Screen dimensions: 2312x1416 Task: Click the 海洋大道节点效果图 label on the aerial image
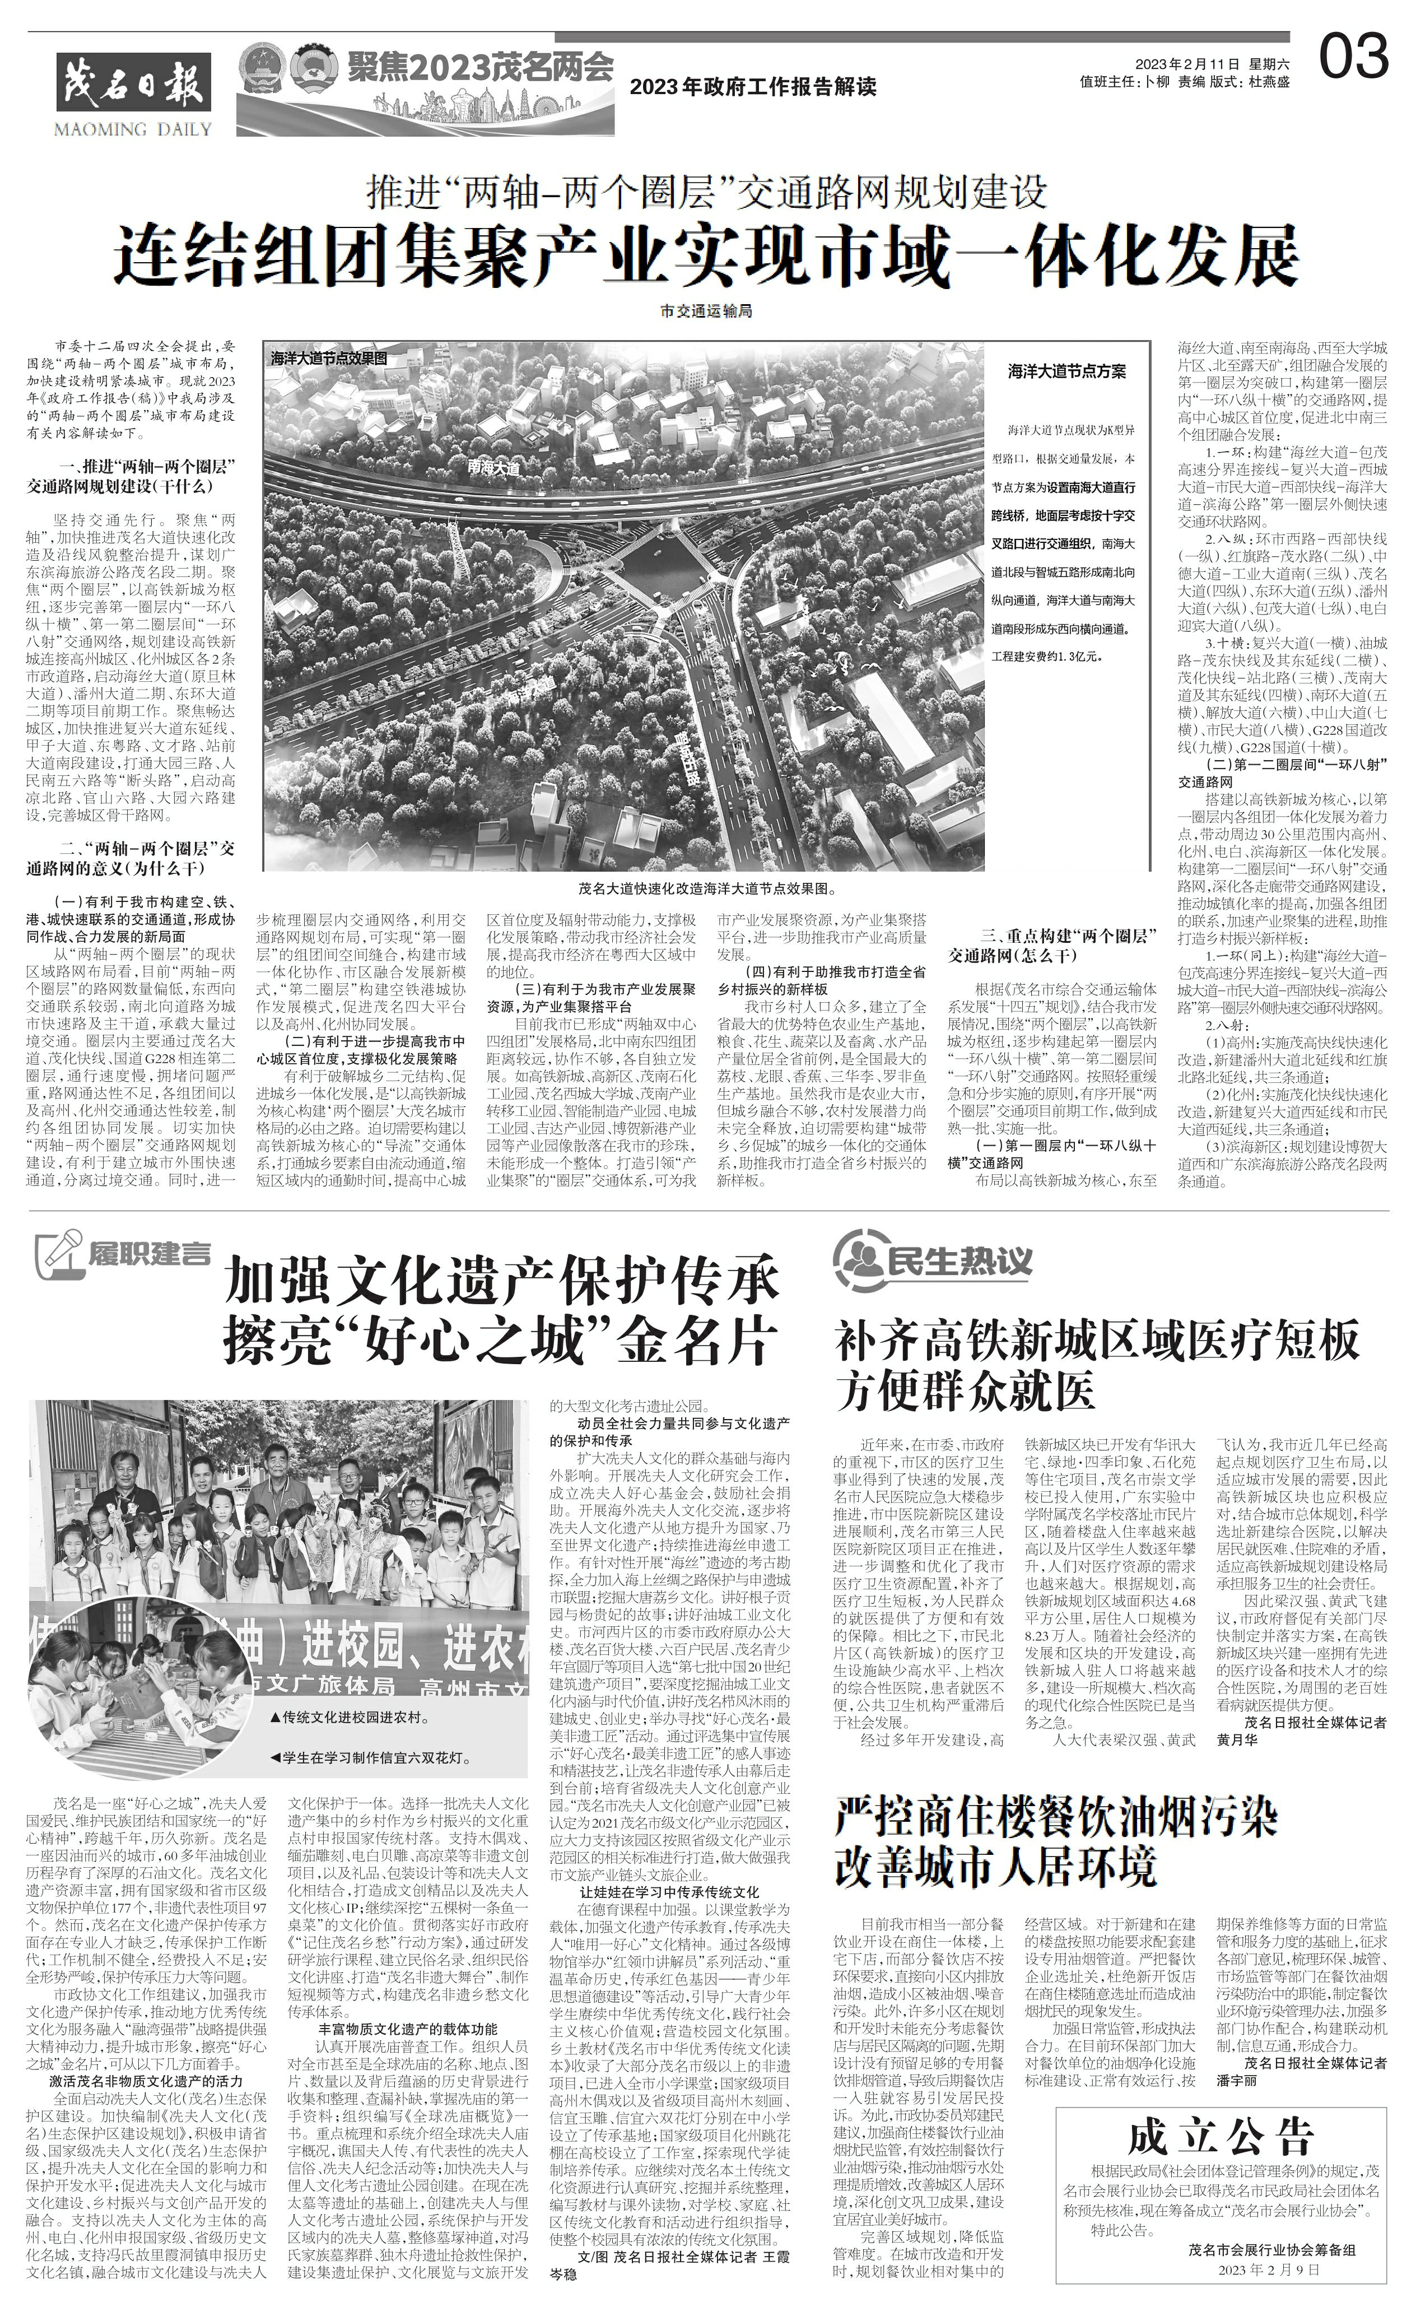tap(328, 359)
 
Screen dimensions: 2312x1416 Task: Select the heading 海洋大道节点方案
tap(1067, 371)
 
